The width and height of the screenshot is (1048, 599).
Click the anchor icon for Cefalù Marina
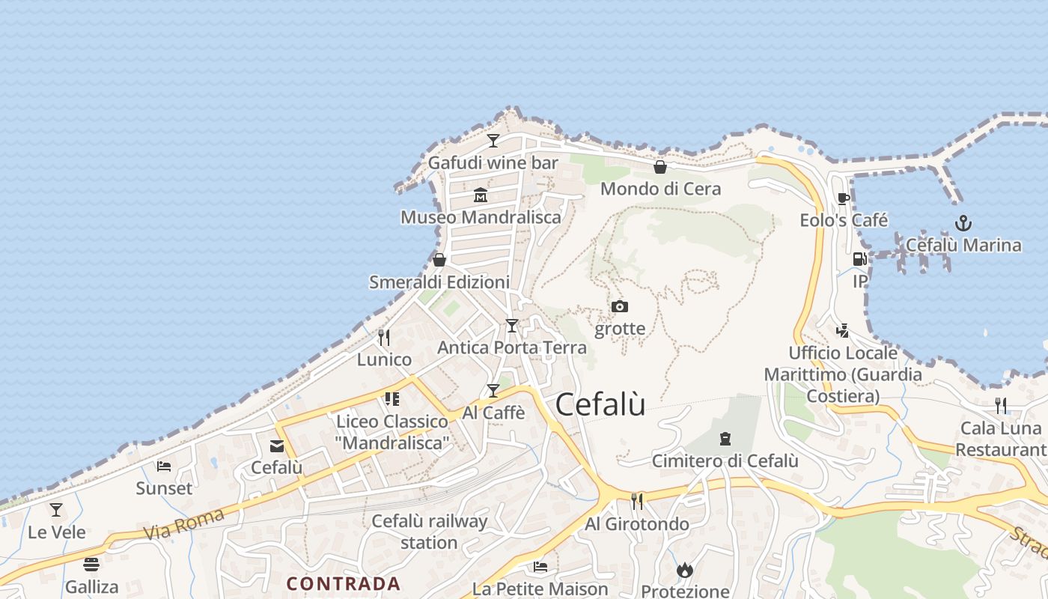[963, 222]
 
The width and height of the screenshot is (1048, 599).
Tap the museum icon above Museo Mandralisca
[481, 195]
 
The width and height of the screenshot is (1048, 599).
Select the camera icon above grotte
[619, 306]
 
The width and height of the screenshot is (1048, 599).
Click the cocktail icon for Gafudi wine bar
[493, 140]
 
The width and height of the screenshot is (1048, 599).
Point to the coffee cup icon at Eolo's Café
[844, 198]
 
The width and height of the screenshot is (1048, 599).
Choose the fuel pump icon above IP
[859, 259]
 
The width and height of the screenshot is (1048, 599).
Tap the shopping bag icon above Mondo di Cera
[660, 166]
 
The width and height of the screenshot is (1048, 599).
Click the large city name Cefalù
[600, 404]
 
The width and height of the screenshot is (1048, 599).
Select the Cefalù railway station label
[429, 532]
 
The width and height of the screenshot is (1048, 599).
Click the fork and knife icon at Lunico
[384, 337]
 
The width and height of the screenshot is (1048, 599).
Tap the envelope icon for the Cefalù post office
[277, 446]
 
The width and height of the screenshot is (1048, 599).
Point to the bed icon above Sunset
[164, 466]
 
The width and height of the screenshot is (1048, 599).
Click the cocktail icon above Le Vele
[56, 510]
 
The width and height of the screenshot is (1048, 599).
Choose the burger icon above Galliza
[91, 564]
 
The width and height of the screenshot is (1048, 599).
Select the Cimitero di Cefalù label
[725, 461]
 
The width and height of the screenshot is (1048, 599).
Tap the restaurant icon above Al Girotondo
[637, 501]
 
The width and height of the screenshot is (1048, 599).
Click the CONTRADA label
[344, 583]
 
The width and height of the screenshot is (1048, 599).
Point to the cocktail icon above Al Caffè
[493, 390]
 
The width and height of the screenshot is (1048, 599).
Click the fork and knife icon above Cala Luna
[1001, 405]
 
